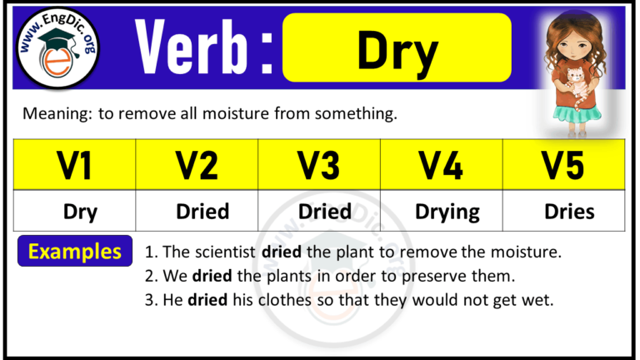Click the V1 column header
(75, 165)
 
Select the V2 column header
(197, 165)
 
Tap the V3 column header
(319, 165)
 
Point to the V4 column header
(442, 165)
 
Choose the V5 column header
(564, 165)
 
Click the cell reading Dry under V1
(80, 212)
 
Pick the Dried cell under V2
(202, 212)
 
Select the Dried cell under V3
(324, 212)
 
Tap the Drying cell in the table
(447, 212)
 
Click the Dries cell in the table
(569, 212)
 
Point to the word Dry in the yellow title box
(397, 51)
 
